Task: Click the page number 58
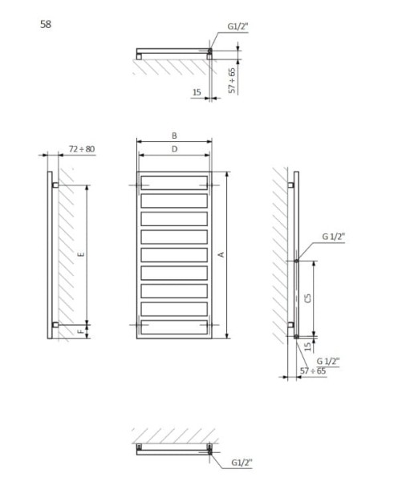pyautogui.click(x=46, y=24)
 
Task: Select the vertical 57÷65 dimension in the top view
pyautogui.click(x=233, y=80)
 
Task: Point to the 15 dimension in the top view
pyautogui.click(x=197, y=93)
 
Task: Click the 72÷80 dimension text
pyautogui.click(x=82, y=149)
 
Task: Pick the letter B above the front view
pyautogui.click(x=174, y=135)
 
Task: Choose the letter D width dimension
pyautogui.click(x=174, y=149)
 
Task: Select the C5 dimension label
pyautogui.click(x=309, y=298)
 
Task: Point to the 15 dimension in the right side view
pyautogui.click(x=308, y=346)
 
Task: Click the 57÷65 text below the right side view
pyautogui.click(x=313, y=370)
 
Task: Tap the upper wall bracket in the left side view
pyautogui.click(x=55, y=185)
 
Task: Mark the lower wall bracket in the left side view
pyautogui.click(x=55, y=324)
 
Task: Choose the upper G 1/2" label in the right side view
pyautogui.click(x=333, y=237)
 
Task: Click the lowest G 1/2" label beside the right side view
pyautogui.click(x=327, y=360)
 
